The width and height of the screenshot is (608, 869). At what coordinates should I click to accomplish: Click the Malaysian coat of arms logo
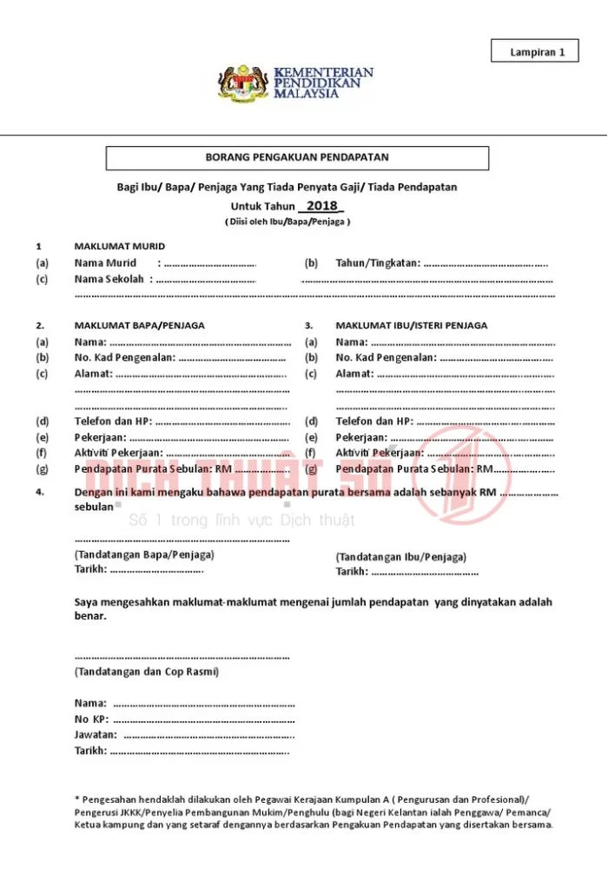243,83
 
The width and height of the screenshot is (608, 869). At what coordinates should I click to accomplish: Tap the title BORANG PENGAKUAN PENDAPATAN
296,158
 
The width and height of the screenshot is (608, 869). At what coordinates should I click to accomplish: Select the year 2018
321,206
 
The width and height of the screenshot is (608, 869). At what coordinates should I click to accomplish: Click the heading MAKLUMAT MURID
119,246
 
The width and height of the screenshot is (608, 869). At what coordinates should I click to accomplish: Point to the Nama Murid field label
105,262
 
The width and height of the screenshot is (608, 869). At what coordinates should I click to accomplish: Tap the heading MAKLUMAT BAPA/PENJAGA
139,325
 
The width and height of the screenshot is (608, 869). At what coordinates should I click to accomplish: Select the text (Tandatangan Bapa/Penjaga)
144,554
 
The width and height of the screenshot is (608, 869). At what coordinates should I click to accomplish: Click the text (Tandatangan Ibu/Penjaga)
400,556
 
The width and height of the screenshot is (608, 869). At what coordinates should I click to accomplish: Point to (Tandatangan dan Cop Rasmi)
147,672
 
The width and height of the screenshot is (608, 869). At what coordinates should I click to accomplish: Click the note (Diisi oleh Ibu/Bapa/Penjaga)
287,222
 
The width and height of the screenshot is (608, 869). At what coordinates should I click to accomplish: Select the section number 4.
40,492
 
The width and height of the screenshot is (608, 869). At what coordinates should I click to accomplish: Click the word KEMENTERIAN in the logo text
323,71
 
